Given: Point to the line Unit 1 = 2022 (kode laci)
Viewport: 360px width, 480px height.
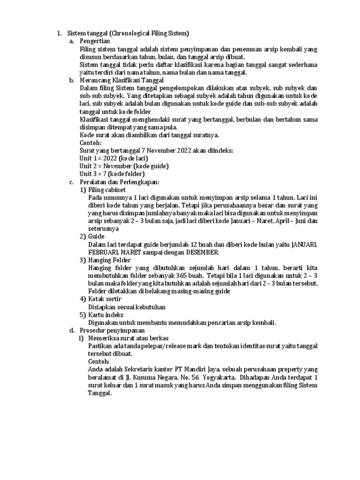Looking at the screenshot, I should (113, 158).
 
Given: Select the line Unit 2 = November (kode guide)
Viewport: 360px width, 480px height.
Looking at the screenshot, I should (124, 166).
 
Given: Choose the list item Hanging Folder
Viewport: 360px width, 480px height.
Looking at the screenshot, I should (110, 260).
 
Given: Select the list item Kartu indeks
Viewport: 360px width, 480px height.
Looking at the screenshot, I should (105, 315).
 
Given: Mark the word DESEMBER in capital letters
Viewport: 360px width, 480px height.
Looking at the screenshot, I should (200, 252).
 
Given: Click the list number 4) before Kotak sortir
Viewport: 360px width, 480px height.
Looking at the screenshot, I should (82, 299).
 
